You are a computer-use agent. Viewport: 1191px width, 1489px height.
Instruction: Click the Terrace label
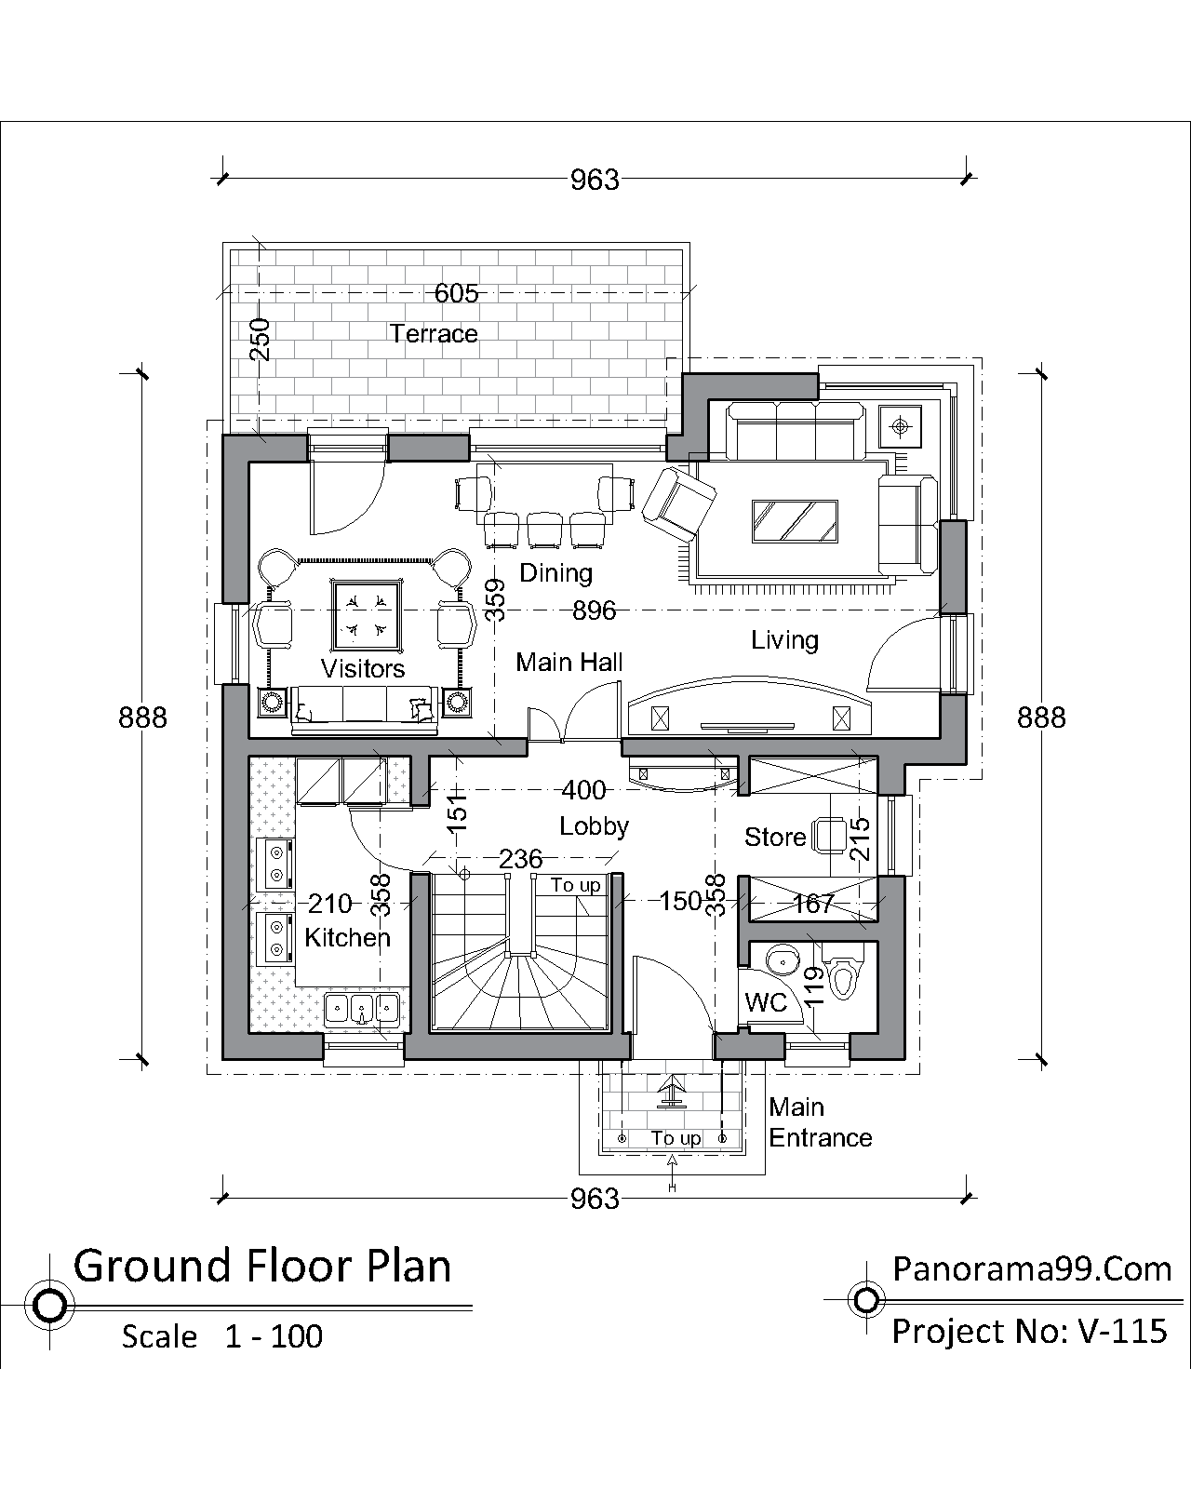434,334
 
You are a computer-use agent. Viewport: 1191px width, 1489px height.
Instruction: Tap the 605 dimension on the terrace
456,293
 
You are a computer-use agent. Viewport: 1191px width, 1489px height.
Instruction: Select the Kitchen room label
347,937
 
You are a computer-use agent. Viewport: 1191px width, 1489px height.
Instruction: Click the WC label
766,1002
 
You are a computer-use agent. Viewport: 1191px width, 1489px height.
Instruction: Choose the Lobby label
594,826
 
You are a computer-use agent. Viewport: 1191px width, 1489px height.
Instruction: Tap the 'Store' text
775,838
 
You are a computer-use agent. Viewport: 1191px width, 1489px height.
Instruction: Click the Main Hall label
569,663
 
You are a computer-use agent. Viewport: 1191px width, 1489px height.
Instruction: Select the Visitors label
363,668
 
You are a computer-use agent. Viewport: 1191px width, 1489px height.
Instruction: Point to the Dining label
555,573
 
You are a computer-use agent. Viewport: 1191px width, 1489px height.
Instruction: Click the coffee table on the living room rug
795,521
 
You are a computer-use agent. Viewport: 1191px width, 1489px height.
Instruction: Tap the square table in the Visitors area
366,616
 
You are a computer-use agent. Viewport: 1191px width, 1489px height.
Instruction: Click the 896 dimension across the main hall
594,611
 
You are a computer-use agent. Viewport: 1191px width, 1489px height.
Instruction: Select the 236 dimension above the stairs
520,859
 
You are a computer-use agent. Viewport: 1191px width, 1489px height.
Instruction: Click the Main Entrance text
820,1122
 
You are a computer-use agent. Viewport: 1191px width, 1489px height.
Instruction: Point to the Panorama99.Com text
1032,1269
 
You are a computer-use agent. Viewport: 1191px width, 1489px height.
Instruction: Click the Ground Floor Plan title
262,1267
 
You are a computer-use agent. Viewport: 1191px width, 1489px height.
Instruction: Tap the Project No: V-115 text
1030,1331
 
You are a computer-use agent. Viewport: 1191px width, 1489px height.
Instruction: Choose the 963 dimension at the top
595,181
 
